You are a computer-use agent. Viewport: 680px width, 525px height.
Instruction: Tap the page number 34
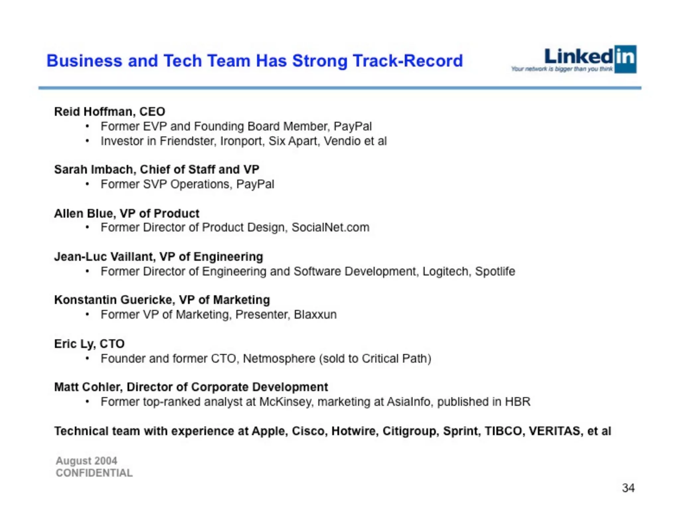click(628, 488)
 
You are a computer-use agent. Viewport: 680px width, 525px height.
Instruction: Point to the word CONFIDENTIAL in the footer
click(94, 473)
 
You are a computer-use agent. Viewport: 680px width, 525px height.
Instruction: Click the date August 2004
click(86, 461)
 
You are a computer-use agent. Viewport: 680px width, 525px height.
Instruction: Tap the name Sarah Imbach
click(95, 169)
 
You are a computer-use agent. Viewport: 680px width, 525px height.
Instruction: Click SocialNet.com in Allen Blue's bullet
click(330, 227)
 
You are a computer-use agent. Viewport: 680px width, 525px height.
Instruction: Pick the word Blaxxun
click(315, 314)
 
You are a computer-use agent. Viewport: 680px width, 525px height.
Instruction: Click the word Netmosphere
click(279, 358)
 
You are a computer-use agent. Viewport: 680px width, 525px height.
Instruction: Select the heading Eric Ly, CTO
click(89, 344)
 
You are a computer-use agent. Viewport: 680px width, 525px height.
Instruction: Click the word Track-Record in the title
click(407, 61)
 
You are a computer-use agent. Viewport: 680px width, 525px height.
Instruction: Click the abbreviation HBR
click(517, 402)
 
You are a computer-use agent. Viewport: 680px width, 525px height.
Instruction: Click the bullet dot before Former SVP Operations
click(87, 184)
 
